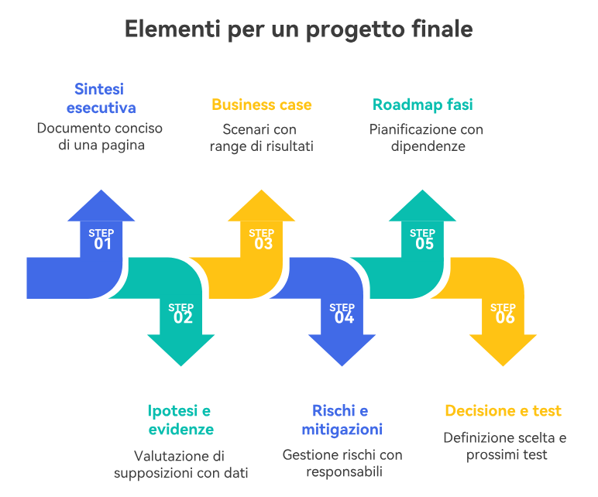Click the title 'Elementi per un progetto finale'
[x=299, y=29]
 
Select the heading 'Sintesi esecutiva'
[x=101, y=98]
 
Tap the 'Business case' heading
[x=262, y=105]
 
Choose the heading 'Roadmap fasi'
[x=422, y=105]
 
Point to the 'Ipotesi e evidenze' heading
[x=180, y=420]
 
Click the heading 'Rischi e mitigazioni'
[x=342, y=420]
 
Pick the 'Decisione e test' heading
[x=503, y=411]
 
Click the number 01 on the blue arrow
[x=102, y=244]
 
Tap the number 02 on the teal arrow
[x=182, y=317]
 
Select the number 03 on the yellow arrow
[x=263, y=244]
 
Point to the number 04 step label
[x=343, y=317]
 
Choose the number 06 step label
[x=503, y=317]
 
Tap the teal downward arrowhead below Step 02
[x=181, y=348]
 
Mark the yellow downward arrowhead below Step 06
[x=503, y=348]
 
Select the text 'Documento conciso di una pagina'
[x=101, y=136]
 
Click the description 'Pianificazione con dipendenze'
[x=426, y=137]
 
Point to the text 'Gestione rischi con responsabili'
[x=342, y=463]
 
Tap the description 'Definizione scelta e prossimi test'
[x=505, y=446]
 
